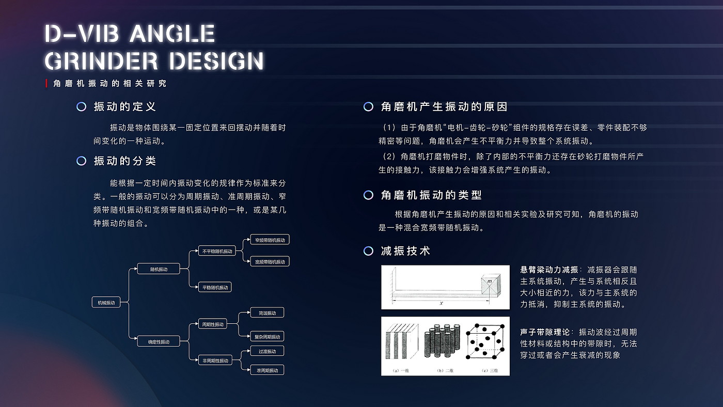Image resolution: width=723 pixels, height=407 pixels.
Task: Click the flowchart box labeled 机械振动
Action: (x=106, y=302)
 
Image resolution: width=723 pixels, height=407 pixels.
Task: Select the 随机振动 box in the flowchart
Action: (x=159, y=269)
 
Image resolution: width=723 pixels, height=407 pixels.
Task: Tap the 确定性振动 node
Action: (x=159, y=341)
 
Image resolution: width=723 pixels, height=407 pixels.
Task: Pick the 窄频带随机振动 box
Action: (x=270, y=240)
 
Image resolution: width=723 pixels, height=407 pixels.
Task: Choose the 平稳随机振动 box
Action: (x=215, y=287)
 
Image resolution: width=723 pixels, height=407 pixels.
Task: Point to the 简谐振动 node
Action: (x=267, y=313)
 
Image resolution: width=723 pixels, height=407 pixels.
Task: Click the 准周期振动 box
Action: (x=267, y=370)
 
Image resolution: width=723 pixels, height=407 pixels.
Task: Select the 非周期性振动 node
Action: (x=215, y=361)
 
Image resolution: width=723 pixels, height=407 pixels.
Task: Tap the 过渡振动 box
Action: (x=267, y=351)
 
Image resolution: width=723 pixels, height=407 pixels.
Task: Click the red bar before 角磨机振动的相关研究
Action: (x=47, y=84)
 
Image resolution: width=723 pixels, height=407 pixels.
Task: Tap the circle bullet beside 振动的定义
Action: (x=81, y=107)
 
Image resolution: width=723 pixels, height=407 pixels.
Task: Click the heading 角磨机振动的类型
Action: (x=431, y=195)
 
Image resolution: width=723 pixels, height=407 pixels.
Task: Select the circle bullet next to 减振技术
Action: (x=368, y=251)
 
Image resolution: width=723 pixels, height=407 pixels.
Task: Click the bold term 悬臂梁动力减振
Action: (x=549, y=270)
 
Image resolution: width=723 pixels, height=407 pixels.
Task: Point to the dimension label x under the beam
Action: (x=441, y=303)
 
